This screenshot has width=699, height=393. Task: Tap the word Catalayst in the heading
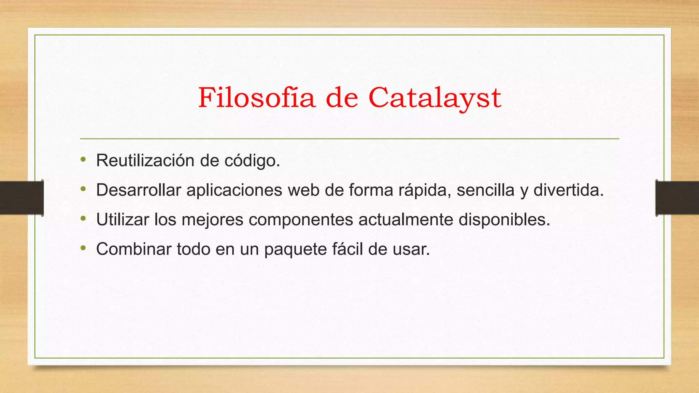tap(434, 98)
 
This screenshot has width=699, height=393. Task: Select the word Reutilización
tap(145, 160)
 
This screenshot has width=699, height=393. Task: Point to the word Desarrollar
tap(139, 190)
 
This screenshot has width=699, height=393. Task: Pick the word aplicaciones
tap(234, 190)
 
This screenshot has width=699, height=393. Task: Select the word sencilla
tap(485, 190)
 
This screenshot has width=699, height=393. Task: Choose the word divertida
tap(568, 190)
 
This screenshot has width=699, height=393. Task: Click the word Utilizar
tap(123, 219)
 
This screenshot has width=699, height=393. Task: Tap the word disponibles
tap(504, 219)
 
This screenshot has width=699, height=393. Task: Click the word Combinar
tap(134, 249)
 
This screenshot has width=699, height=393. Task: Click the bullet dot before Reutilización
tap(83, 159)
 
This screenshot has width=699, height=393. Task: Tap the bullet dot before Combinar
tap(83, 248)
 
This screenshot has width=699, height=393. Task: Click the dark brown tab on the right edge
tap(677, 198)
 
